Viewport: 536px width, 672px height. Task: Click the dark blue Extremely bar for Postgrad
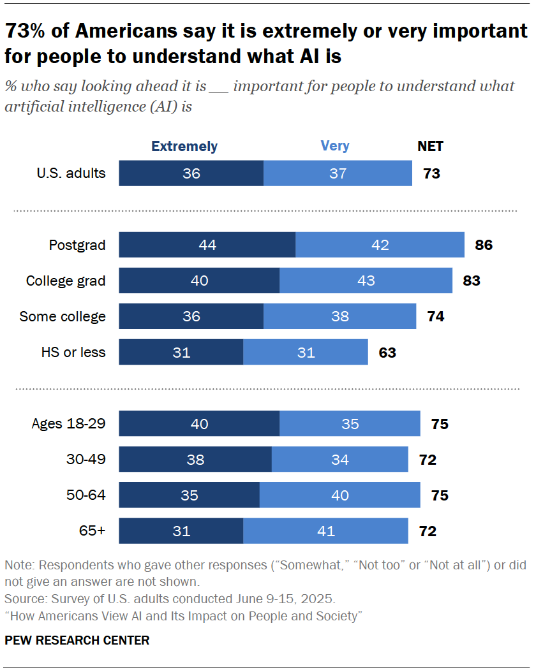[207, 245]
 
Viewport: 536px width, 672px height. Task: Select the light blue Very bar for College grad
[366, 281]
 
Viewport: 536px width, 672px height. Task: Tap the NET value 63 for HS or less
[387, 352]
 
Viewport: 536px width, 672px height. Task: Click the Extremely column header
[184, 146]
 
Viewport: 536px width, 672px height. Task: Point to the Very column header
[335, 146]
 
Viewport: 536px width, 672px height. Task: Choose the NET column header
[430, 146]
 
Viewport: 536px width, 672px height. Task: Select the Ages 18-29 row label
[69, 423]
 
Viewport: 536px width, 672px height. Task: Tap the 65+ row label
[93, 530]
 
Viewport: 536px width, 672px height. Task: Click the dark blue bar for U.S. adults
[191, 173]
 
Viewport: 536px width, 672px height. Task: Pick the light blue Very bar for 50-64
[339, 495]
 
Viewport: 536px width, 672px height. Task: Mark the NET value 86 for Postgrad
[484, 245]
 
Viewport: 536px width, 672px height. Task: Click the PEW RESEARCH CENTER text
[77, 640]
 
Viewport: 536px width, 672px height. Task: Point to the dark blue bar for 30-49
[195, 459]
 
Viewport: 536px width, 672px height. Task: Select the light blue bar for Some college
[339, 316]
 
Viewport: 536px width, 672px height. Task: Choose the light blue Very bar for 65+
[325, 530]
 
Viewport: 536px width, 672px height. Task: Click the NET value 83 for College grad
[472, 281]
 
